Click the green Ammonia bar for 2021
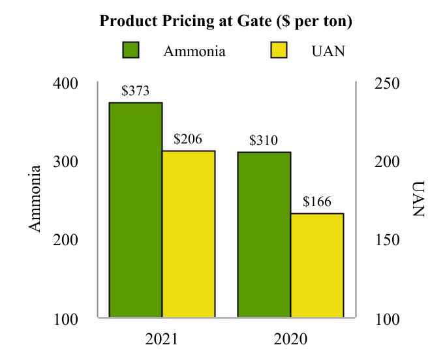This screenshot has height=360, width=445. [x=136, y=210]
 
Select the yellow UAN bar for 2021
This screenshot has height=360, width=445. [x=189, y=234]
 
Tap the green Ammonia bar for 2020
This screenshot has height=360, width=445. [x=264, y=235]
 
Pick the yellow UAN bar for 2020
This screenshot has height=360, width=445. [x=317, y=265]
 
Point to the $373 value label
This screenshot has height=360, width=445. [x=136, y=91]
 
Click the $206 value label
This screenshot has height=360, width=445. [x=188, y=139]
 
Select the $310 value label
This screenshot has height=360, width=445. [x=264, y=140]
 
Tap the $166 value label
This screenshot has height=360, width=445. [x=317, y=202]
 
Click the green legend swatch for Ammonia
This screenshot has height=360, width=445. [x=131, y=51]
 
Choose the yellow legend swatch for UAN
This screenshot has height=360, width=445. [x=280, y=51]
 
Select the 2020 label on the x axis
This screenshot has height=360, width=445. [x=290, y=340]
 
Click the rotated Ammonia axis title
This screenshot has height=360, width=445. [x=36, y=198]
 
